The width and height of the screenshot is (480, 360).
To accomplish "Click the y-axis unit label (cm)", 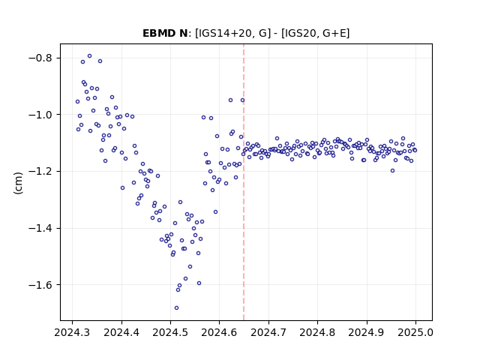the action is [18, 183].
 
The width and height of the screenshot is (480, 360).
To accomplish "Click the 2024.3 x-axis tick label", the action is [72, 332].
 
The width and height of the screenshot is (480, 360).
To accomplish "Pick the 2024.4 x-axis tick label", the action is [121, 332].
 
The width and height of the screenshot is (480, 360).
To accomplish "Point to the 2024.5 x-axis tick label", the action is [170, 332].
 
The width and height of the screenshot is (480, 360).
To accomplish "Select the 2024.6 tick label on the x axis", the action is [219, 332].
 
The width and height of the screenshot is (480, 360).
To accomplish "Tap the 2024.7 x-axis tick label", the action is [268, 332].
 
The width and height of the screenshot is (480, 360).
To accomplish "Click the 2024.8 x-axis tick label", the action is [317, 332].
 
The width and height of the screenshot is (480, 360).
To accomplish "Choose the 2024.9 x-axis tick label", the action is [367, 332].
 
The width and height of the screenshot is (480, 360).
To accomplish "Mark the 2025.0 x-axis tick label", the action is [415, 332].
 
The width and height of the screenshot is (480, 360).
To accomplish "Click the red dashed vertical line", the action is [244, 182].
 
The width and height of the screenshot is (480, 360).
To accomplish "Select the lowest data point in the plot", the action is [177, 308].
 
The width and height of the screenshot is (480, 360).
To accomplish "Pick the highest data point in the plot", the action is [90, 56].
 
